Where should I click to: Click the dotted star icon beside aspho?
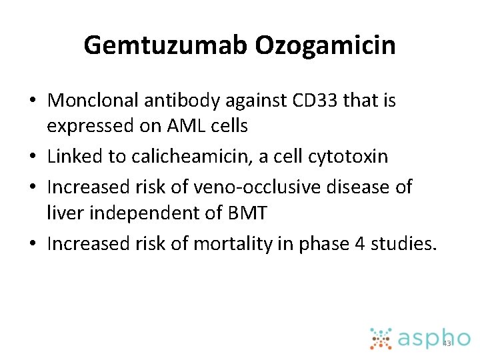pos(381,338)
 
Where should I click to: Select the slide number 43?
pos(447,343)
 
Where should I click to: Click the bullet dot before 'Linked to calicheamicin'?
pos(33,157)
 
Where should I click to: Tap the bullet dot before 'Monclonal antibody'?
pos(33,101)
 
